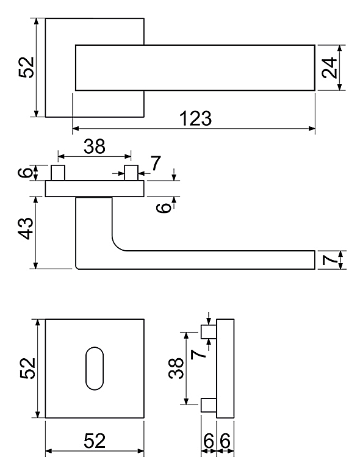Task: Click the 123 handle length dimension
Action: (196, 118)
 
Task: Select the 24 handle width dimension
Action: (329, 68)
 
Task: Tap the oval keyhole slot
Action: (95, 368)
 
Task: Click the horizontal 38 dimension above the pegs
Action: (95, 146)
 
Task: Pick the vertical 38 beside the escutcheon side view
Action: (176, 368)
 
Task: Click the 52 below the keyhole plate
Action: (95, 441)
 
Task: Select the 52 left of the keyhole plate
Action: (27, 368)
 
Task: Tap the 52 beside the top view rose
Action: (26, 67)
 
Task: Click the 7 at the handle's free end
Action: (329, 260)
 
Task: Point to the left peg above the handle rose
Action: (58, 173)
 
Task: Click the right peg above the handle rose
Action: (131, 173)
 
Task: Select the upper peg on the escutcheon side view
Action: (209, 331)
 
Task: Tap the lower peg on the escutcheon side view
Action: (209, 405)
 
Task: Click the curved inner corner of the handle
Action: (117, 245)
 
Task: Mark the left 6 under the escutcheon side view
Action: (209, 441)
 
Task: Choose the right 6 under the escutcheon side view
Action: (225, 441)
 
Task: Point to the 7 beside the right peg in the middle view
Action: (156, 164)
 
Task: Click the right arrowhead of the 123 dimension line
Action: (312, 128)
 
